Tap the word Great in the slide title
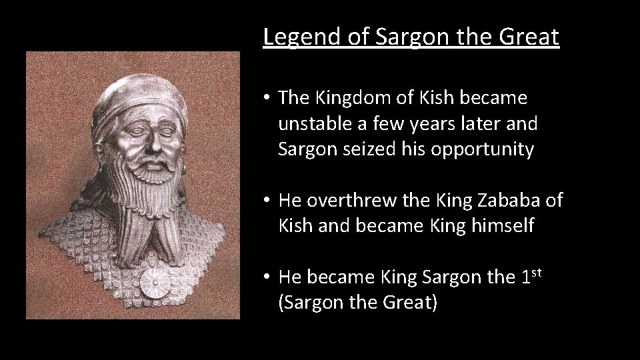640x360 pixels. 528,37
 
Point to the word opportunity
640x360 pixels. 482,149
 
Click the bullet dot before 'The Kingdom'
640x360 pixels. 266,99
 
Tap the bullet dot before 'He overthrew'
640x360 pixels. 266,201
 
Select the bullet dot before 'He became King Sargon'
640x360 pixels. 266,277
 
